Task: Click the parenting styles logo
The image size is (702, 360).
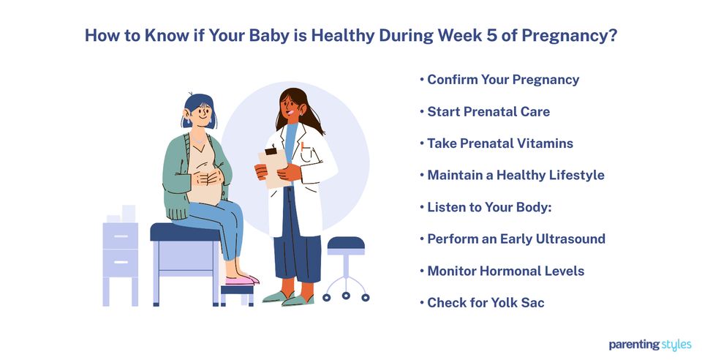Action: coord(649,345)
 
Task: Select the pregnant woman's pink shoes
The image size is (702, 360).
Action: coord(241,280)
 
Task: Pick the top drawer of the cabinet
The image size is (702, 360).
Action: coord(120,236)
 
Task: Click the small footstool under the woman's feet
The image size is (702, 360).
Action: coord(238,293)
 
